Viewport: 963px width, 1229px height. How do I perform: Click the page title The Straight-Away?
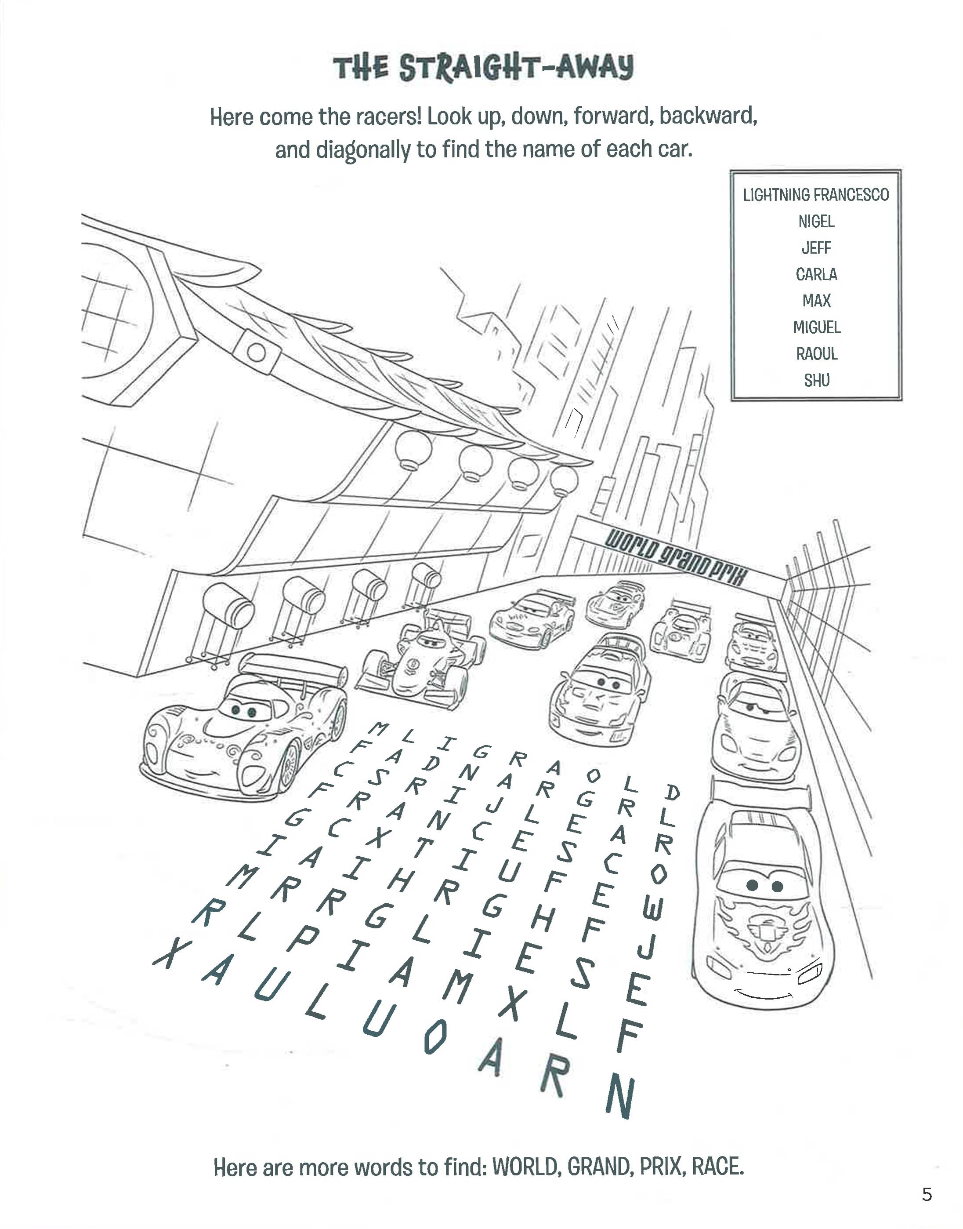pos(483,68)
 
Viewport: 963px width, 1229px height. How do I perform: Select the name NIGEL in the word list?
pos(816,222)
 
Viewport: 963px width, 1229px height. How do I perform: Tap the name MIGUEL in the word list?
pos(816,327)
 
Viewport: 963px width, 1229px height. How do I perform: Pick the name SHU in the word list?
pos(816,381)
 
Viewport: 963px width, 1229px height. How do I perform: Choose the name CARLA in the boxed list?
pos(816,275)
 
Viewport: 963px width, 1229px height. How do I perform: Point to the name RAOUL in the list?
pos(816,354)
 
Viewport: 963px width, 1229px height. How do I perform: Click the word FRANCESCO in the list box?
pos(851,195)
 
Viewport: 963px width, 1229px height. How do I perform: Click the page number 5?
pos(927,1195)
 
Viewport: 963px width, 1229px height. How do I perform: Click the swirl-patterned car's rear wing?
pos(293,665)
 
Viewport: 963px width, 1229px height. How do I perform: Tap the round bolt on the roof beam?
pos(256,353)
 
